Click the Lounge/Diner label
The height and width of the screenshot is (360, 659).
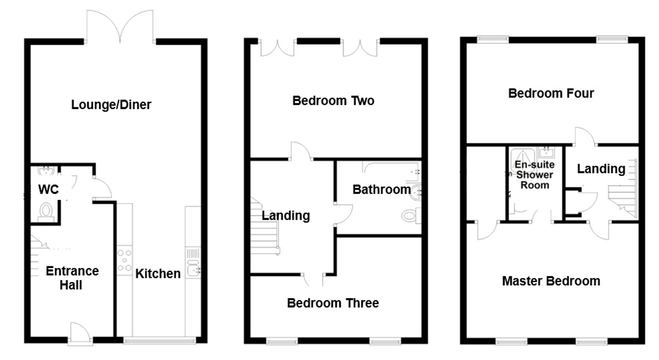click(x=111, y=105)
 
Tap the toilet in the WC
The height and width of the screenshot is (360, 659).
click(x=46, y=211)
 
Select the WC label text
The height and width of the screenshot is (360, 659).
click(x=48, y=189)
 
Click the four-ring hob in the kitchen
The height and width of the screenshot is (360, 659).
click(x=125, y=260)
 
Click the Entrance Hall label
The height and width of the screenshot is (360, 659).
click(x=72, y=278)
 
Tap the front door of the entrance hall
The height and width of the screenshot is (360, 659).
click(x=80, y=333)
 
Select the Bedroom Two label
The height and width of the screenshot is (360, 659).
click(x=333, y=101)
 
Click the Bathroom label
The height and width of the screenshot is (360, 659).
click(x=382, y=189)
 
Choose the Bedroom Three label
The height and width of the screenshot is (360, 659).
click(x=333, y=303)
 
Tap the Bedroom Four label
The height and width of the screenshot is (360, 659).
click(x=551, y=94)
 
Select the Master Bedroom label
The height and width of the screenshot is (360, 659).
click(x=551, y=281)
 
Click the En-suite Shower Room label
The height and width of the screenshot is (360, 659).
click(x=534, y=175)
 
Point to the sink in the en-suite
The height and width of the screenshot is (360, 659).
click(x=546, y=152)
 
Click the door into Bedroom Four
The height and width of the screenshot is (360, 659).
click(x=585, y=137)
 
